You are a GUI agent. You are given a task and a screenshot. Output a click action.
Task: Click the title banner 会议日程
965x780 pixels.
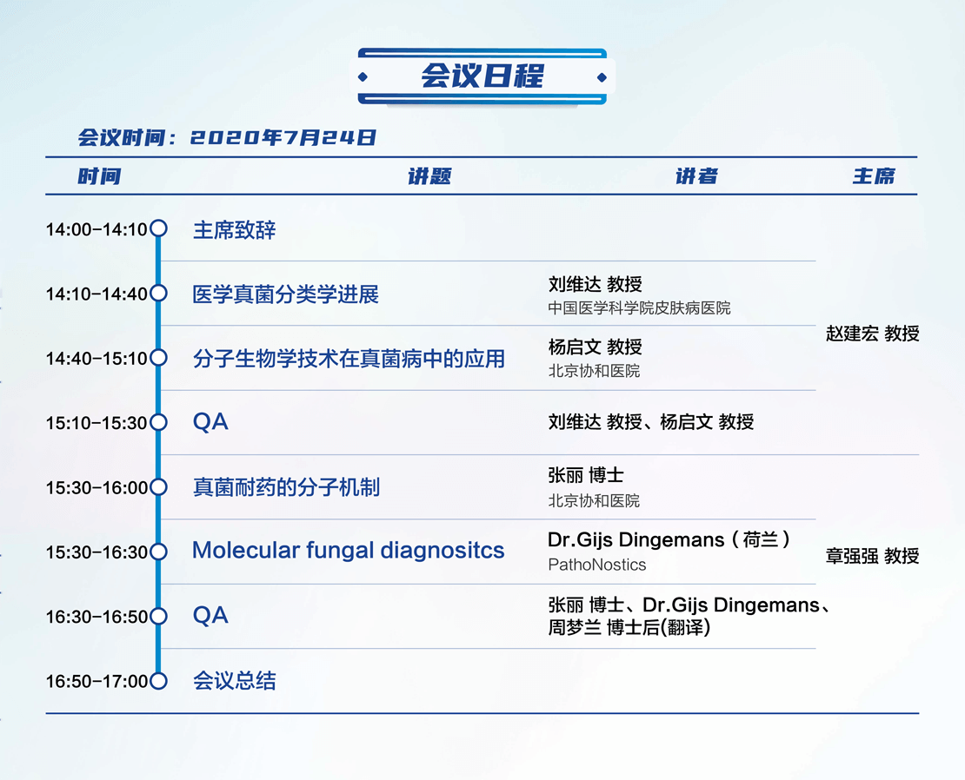pyautogui.click(x=482, y=76)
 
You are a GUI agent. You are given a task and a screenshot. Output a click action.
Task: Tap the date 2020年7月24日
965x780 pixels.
pyautogui.click(x=283, y=138)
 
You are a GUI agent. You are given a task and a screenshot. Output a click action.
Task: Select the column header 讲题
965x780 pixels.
pyautogui.click(x=429, y=176)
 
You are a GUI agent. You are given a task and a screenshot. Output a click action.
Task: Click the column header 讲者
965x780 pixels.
pyautogui.click(x=696, y=176)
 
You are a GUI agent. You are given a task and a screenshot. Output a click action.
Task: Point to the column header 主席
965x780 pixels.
pyautogui.click(x=874, y=176)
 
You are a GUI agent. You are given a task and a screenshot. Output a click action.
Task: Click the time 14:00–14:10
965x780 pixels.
pyautogui.click(x=96, y=230)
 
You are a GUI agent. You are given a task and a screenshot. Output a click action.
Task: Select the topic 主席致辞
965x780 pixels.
pyautogui.click(x=235, y=230)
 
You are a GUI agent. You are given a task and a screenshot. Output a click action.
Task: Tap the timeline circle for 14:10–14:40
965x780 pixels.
pyautogui.click(x=159, y=294)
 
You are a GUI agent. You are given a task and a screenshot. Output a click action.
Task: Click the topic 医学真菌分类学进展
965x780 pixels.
pyautogui.click(x=285, y=294)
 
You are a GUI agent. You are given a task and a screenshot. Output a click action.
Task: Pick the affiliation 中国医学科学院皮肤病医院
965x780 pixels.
pyautogui.click(x=640, y=308)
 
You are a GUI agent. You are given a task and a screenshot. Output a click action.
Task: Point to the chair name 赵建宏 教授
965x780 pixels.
pyautogui.click(x=872, y=334)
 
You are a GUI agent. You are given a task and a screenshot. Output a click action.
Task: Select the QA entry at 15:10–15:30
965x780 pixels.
pyautogui.click(x=210, y=422)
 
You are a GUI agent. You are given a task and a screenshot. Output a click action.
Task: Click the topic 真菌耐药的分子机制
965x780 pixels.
pyautogui.click(x=286, y=487)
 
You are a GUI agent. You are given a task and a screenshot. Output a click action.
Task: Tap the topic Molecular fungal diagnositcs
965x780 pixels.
pyautogui.click(x=349, y=550)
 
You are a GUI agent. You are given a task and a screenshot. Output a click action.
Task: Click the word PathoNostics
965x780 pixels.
pyautogui.click(x=597, y=565)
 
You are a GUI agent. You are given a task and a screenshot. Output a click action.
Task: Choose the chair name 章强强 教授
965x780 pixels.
pyautogui.click(x=872, y=556)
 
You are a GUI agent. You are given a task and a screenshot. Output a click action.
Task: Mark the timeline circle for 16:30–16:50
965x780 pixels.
pyautogui.click(x=159, y=616)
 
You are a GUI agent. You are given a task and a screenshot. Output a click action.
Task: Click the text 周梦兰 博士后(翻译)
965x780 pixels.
pyautogui.click(x=629, y=628)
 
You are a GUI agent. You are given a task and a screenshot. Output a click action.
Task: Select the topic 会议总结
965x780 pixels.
pyautogui.click(x=235, y=681)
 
